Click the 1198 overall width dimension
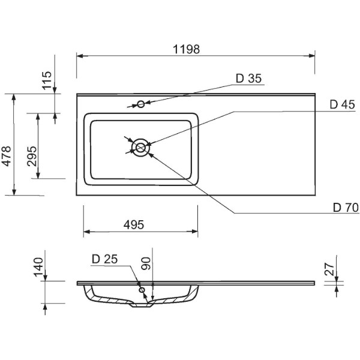[186, 49]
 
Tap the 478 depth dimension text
[6, 156]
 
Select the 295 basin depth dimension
[32, 156]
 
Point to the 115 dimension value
[47, 80]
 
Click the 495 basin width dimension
[134, 225]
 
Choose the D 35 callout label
[248, 79]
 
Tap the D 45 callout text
[342, 104]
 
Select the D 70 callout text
[346, 208]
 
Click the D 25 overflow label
[104, 259]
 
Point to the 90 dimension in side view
[146, 263]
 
